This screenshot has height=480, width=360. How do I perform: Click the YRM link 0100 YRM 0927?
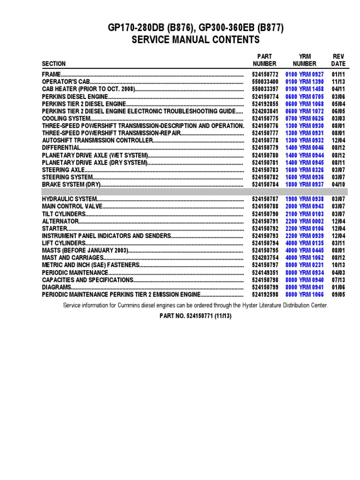pos(305,75)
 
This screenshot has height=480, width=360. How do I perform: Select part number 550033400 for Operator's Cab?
pos(265,82)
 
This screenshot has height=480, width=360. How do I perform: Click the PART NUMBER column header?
pos(265,60)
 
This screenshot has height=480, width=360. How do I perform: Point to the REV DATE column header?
pos(338,60)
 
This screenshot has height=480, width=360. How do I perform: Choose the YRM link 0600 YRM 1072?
pos(305,111)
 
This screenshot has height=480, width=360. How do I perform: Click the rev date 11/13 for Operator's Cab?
pos(338,82)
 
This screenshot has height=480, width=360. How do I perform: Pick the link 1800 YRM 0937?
pos(305,184)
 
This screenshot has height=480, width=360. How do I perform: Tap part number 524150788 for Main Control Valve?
pos(265,206)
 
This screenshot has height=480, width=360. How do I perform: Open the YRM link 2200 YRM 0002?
pos(305,221)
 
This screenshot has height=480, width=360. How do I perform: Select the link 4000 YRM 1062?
pos(305,257)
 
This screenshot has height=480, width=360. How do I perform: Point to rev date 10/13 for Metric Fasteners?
pos(338,265)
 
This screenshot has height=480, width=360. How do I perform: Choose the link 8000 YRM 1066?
pos(305,294)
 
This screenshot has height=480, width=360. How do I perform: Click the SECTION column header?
pos(54,63)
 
